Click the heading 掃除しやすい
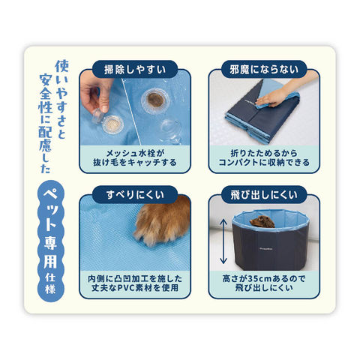(x=135, y=70)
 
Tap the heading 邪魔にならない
(x=264, y=70)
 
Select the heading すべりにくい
(x=135, y=195)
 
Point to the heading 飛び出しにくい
(x=264, y=195)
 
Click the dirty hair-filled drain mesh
(x=155, y=100)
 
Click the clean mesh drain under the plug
(x=112, y=124)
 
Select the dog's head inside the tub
(x=262, y=222)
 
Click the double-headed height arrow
(x=223, y=241)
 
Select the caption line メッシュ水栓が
(x=135, y=153)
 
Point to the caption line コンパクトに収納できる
(x=264, y=163)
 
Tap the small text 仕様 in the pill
(x=50, y=284)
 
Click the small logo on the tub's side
(x=264, y=249)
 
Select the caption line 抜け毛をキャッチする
(x=135, y=163)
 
